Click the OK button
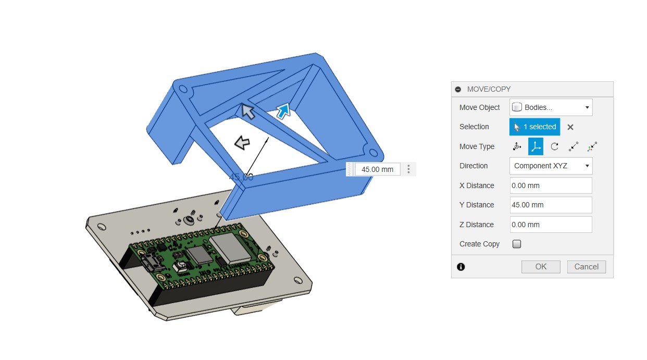coord(541,267)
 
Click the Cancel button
coord(587,267)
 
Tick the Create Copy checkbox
coord(517,244)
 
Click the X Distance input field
coord(551,185)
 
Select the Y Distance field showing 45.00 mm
coord(551,205)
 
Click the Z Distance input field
coord(551,225)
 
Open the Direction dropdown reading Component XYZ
coord(551,166)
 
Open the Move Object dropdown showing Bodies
coord(551,107)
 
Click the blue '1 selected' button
coord(534,127)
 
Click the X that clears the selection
coord(570,127)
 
